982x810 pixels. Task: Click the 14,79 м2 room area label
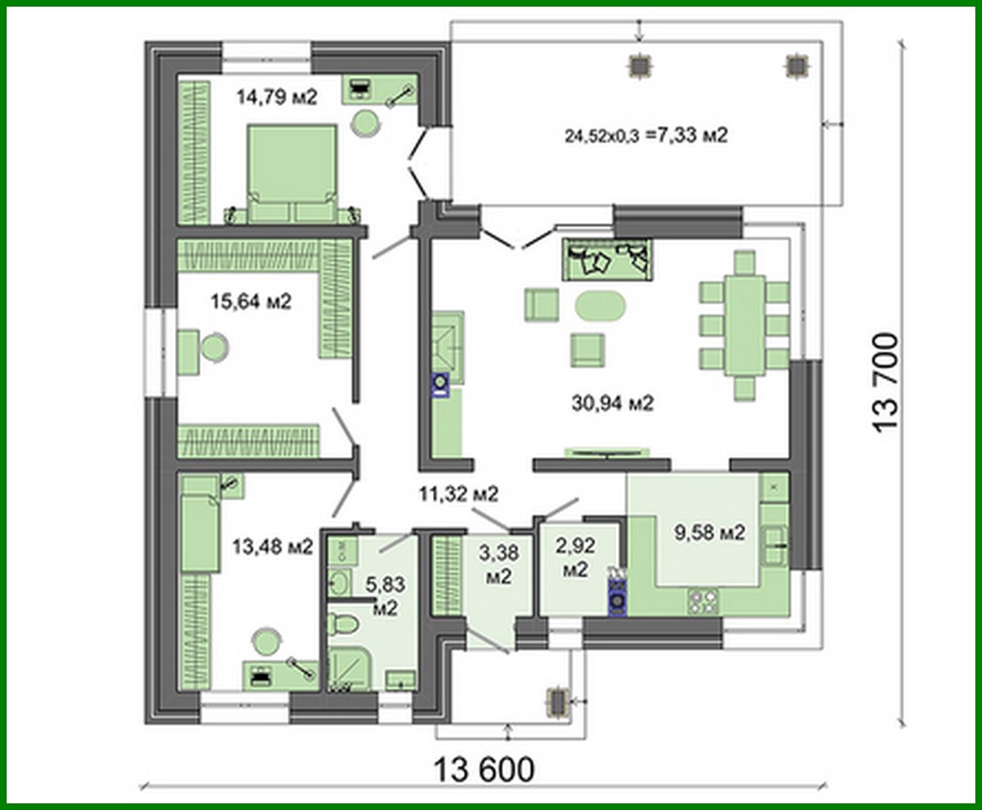pos(277,97)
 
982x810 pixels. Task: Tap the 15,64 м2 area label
pos(251,302)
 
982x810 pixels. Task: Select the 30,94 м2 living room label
pos(613,403)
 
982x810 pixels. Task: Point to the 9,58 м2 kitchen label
pos(710,533)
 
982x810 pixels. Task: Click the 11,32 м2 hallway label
pos(459,494)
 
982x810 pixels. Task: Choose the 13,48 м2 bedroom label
pos(273,547)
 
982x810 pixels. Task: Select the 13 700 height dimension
pos(885,381)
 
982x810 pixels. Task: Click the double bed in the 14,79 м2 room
pos(292,173)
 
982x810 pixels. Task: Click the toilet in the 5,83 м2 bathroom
pos(343,625)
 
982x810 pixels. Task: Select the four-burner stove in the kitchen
pos(703,602)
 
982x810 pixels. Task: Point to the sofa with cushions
pos(608,260)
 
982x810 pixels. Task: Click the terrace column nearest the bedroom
pos(640,67)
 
